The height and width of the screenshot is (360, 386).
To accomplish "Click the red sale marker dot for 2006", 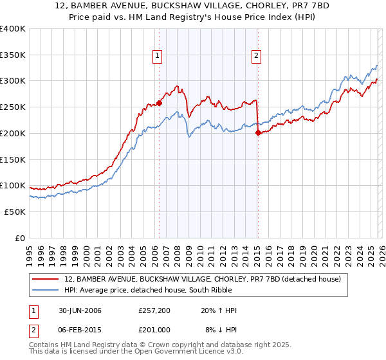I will point(159,103).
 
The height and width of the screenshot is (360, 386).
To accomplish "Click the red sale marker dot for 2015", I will point(257,132).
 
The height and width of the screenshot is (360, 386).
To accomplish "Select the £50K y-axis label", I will point(15,212).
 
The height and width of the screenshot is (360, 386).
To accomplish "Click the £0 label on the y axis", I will point(19,238).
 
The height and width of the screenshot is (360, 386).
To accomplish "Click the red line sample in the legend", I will point(47,279).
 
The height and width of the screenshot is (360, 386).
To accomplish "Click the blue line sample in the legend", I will point(47,290).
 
